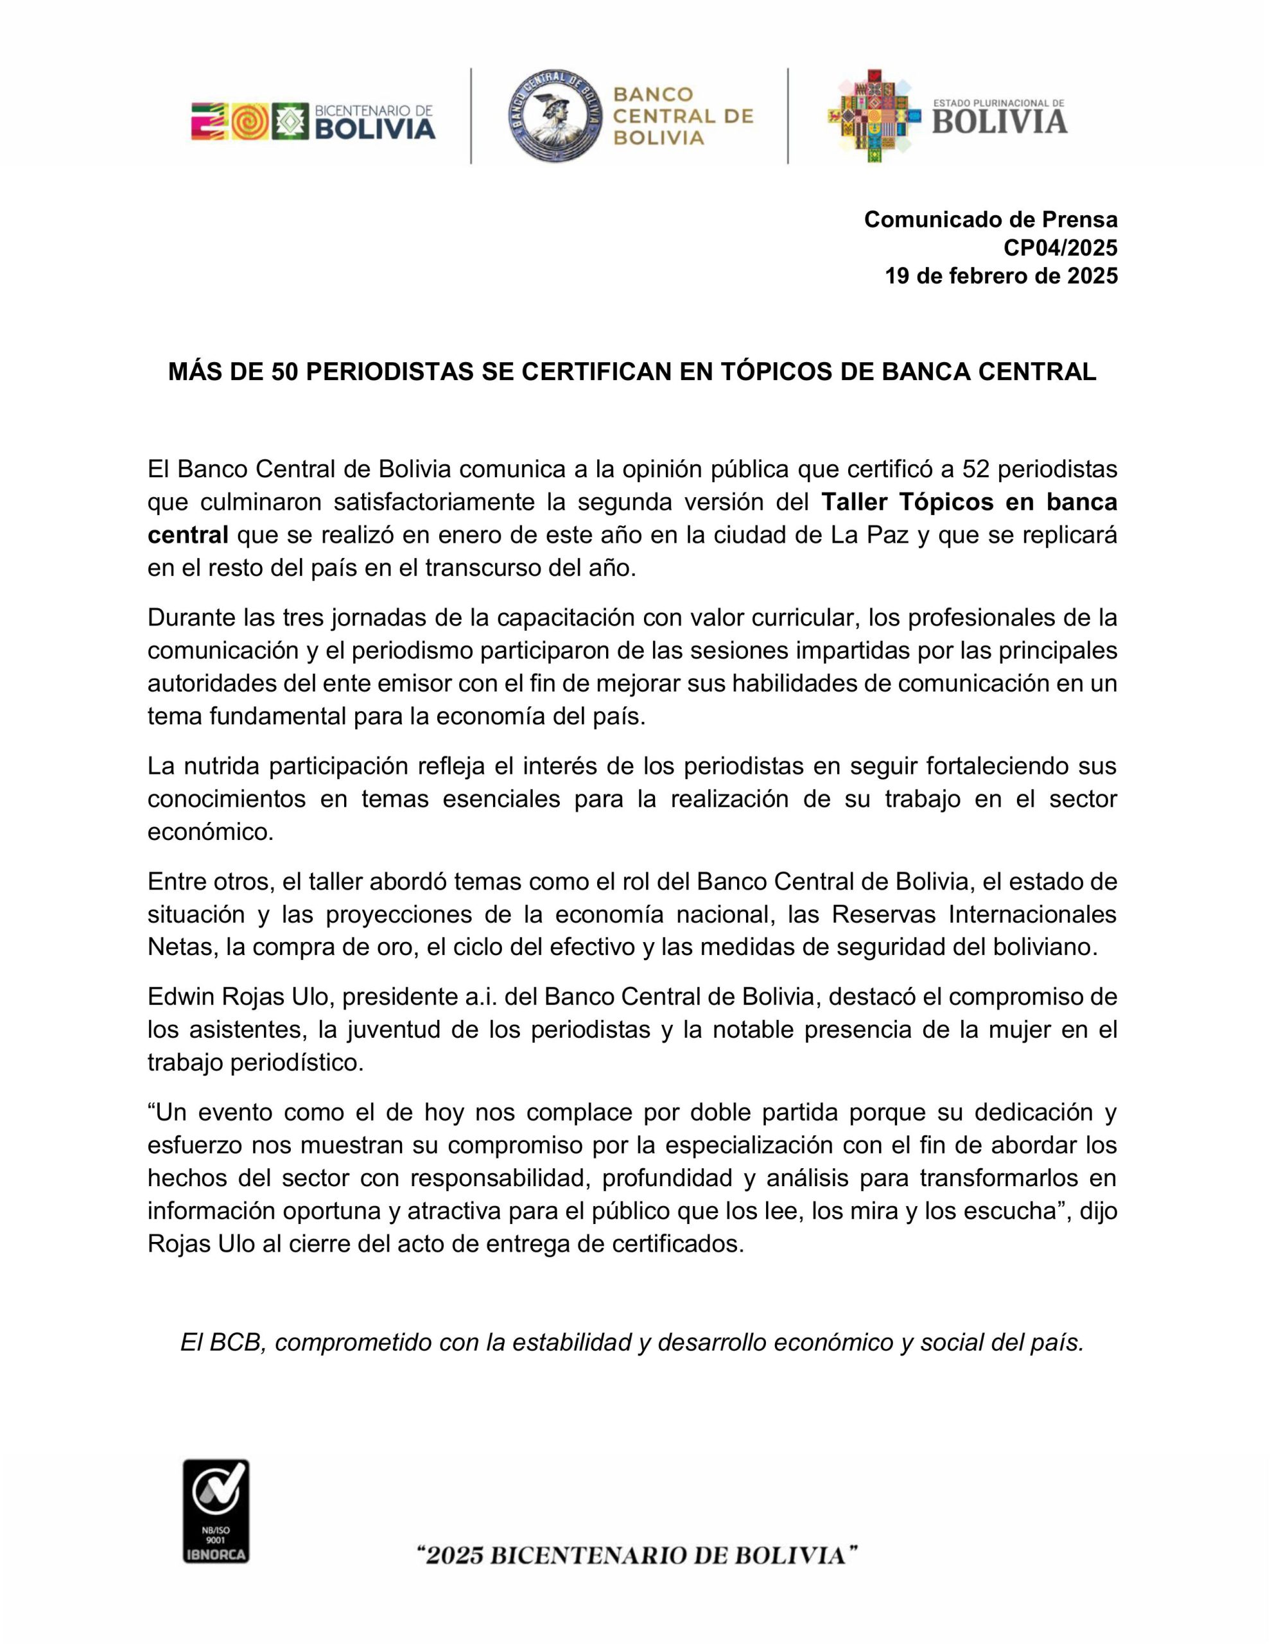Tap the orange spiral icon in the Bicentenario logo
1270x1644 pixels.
250,121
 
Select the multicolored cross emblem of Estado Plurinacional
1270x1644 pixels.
873,117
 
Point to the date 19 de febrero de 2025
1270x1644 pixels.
1001,276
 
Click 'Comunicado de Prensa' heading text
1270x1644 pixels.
990,219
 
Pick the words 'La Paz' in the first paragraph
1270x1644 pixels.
869,535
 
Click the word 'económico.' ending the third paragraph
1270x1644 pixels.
211,832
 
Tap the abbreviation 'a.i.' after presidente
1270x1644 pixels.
476,997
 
